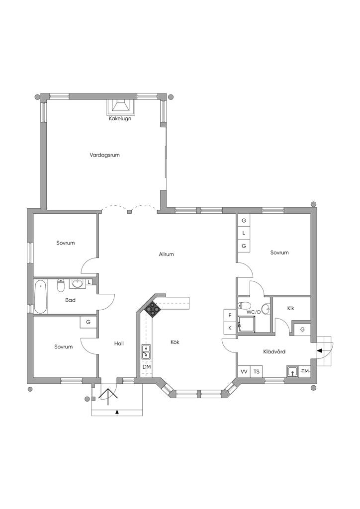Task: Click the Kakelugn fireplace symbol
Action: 120,107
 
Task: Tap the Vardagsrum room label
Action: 104,155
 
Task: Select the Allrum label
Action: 166,254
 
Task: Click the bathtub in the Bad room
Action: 41,296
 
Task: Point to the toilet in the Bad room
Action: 61,285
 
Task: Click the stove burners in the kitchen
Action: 152,308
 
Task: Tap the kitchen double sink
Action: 146,352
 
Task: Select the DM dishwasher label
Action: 146,367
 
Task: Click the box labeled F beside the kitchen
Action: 230,315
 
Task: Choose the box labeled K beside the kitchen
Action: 230,328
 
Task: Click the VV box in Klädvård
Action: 244,372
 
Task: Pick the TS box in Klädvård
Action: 257,372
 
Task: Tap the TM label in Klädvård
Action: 305,371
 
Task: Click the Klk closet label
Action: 290,308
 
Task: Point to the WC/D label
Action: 254,312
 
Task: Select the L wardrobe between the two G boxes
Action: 244,233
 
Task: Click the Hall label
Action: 119,343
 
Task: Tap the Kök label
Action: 175,342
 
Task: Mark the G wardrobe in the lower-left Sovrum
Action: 89,322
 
